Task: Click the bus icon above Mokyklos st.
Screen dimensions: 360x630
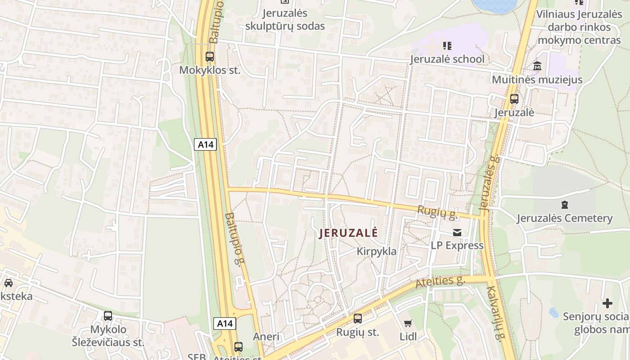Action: [x=209, y=57]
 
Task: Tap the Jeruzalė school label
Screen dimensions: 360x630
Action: [x=447, y=59]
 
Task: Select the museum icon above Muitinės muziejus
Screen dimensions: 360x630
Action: [x=537, y=66]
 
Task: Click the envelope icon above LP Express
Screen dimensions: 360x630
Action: [x=457, y=233]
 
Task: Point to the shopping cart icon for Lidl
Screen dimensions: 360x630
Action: [x=408, y=323]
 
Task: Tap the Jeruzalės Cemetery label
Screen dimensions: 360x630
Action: [x=564, y=218]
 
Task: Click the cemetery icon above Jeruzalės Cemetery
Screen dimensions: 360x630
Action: [x=565, y=205]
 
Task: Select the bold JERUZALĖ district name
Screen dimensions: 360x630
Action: [x=348, y=233]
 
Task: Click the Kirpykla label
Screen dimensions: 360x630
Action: [x=377, y=251]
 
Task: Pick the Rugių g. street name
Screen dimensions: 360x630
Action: [x=437, y=212]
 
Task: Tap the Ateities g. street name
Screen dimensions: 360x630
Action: [x=440, y=282]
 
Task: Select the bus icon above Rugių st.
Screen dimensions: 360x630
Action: [x=358, y=319]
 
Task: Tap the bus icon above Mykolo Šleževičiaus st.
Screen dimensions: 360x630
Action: [x=108, y=316]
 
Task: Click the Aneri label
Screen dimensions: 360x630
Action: [x=266, y=337]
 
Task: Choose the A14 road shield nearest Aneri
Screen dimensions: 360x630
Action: [x=224, y=323]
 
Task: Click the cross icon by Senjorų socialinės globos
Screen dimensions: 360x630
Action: [x=607, y=303]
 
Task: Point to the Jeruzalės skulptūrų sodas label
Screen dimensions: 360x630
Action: [x=285, y=19]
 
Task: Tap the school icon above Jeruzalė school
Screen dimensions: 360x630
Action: [x=447, y=45]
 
